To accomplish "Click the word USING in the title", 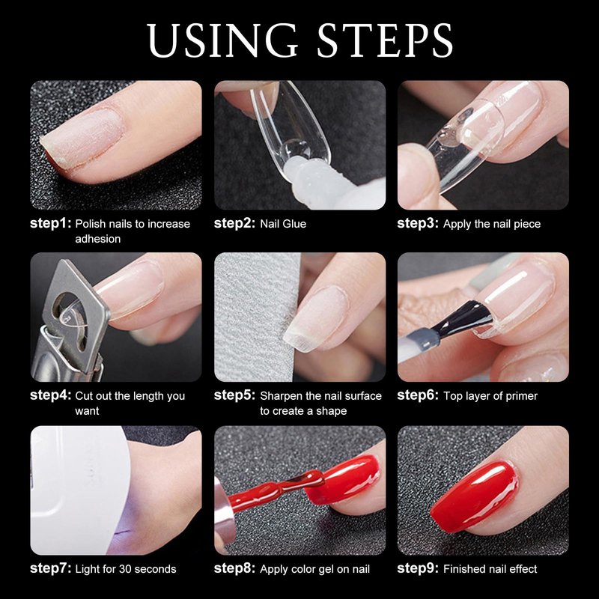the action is [222, 40].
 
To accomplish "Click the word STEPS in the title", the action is [385, 40].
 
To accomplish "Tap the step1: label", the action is [50, 223].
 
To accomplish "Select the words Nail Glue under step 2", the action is [283, 224].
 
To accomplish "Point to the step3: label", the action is [418, 223].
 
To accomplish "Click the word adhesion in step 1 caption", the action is [98, 239].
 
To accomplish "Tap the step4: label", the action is [50, 395].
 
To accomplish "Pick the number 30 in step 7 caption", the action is [125, 569].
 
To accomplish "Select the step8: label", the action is [234, 568].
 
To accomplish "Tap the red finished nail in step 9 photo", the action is [475, 496].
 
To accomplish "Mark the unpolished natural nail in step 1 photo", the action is [82, 139].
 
